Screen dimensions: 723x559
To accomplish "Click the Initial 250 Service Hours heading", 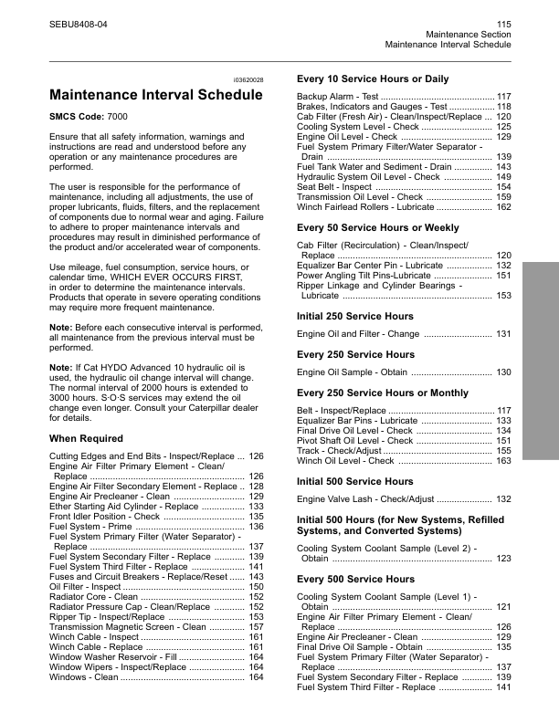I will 355,316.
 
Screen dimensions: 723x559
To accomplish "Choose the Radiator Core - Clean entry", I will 94,596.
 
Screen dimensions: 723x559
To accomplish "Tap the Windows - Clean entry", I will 83,677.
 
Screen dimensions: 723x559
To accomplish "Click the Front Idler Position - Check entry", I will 107,517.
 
